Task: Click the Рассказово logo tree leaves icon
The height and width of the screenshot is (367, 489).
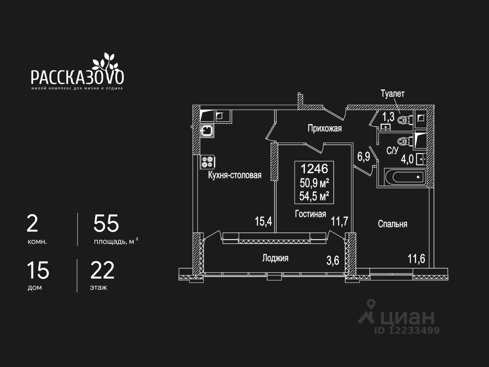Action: coord(104,61)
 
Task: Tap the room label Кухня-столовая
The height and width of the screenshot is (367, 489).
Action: coord(235,175)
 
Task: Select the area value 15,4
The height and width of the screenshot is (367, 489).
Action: coord(263,221)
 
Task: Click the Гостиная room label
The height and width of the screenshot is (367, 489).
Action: coord(310,214)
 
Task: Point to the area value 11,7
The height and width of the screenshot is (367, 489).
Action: coord(339,221)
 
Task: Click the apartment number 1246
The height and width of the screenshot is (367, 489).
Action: coord(314,168)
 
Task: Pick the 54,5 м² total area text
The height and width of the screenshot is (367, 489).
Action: coord(314,196)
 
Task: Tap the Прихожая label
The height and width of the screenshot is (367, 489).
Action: coord(324,128)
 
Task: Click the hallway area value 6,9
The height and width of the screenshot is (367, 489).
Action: coord(363,157)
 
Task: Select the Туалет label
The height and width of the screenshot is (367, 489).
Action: coord(392,94)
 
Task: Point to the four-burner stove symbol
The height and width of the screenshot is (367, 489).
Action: coord(207,162)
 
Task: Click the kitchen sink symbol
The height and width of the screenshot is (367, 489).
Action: coord(207,131)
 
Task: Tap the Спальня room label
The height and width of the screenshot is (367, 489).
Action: coord(392,224)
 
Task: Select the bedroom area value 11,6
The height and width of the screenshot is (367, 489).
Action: coord(416,259)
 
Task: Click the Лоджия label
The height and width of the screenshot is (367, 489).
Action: coord(275,258)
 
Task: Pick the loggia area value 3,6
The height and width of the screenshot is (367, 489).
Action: coord(332,261)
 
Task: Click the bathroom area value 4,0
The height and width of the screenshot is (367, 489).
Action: coord(407,159)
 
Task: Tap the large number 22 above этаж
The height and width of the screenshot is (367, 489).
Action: coord(102,271)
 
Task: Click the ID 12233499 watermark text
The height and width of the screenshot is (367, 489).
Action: coord(407,330)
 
